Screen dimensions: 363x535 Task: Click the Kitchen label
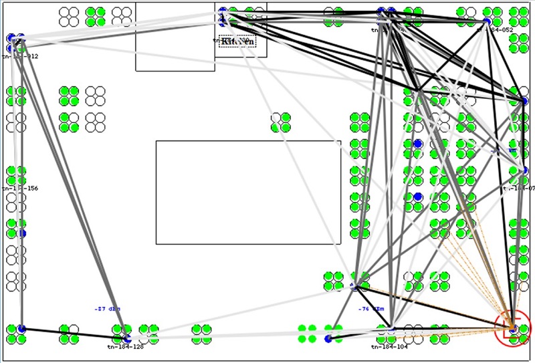[x=237, y=41]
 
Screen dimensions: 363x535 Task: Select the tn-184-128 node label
[x=125, y=346]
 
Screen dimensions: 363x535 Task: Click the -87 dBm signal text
[x=107, y=309]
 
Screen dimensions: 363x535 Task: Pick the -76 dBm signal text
[x=371, y=309]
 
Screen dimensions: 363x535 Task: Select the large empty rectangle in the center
[x=248, y=193]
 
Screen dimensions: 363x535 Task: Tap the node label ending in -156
[x=20, y=189]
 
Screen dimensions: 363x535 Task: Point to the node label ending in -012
[x=20, y=57]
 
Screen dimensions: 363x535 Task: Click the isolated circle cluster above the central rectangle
[x=281, y=122]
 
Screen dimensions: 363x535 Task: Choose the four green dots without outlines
[x=307, y=334]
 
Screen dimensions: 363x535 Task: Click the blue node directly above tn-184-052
[x=487, y=21]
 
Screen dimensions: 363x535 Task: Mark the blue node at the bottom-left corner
[x=21, y=328]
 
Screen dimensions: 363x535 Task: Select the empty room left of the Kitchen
[x=175, y=36]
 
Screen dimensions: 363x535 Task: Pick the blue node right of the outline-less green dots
[x=328, y=339]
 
